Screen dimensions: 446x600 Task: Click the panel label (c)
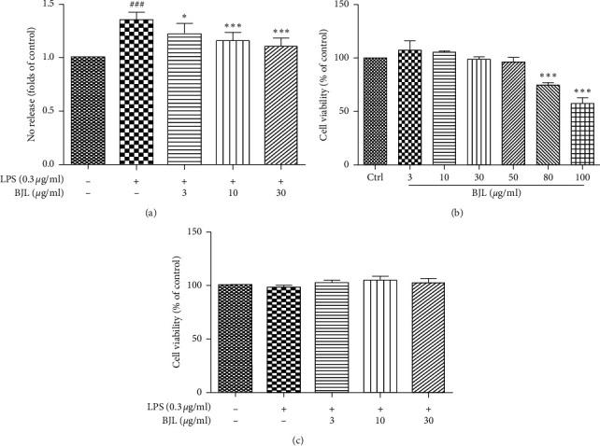(300, 438)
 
